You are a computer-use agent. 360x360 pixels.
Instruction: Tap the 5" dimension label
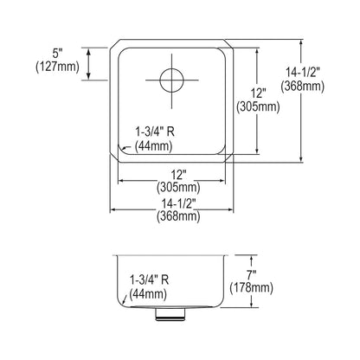[x=58, y=54]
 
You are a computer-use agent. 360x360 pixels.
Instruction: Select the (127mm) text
[x=57, y=67]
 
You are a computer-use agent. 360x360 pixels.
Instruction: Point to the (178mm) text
[x=251, y=288]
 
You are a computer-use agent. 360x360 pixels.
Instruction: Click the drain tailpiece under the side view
[x=170, y=314]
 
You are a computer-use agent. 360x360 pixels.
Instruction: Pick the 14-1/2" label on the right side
[x=303, y=73]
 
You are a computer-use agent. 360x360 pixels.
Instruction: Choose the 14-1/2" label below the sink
[x=178, y=204]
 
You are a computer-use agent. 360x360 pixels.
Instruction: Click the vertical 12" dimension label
[x=258, y=93]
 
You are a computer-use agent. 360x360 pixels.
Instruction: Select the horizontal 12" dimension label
[x=178, y=175]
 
